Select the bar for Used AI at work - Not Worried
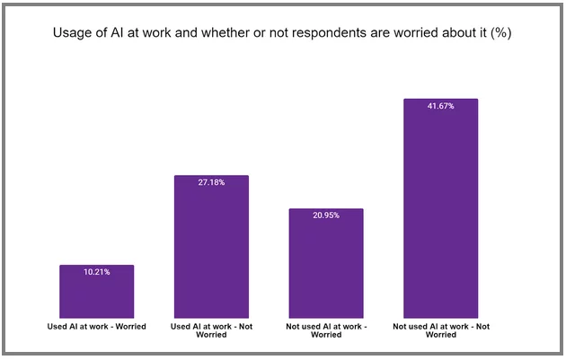(x=211, y=247)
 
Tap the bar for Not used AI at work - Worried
(x=325, y=264)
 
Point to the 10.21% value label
(x=96, y=272)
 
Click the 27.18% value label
(x=211, y=182)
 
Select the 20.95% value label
(x=325, y=215)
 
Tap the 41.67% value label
(x=440, y=106)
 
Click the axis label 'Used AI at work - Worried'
(x=96, y=326)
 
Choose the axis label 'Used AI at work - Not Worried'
(x=211, y=330)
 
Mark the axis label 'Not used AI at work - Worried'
(x=325, y=330)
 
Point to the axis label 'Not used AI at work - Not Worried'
(x=440, y=330)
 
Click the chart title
(x=282, y=34)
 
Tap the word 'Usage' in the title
(x=75, y=34)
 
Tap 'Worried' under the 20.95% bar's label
(x=325, y=335)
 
